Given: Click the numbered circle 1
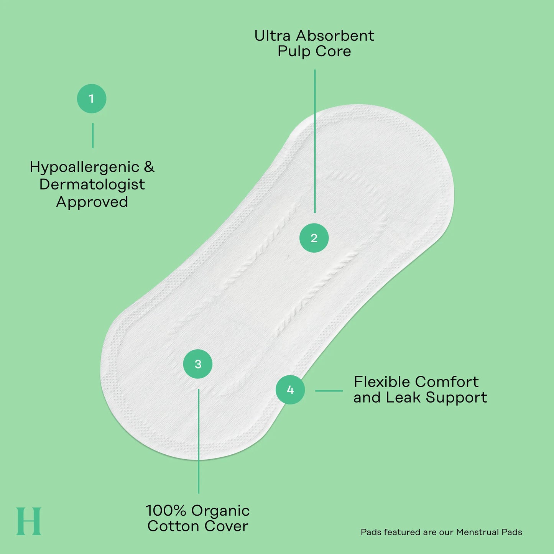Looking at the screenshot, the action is click(91, 99).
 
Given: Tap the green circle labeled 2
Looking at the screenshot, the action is click(314, 238).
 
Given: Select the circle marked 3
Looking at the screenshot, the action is click(198, 364).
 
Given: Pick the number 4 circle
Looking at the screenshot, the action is click(290, 390).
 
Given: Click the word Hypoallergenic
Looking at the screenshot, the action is click(84, 168).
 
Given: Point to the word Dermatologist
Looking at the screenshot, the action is click(92, 185).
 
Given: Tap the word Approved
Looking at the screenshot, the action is click(92, 202).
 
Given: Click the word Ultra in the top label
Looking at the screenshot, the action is click(272, 36).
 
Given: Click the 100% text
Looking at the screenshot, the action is click(166, 511).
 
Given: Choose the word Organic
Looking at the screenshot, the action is click(220, 511).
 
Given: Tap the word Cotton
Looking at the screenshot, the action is click(173, 526).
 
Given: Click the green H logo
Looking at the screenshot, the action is click(29, 521).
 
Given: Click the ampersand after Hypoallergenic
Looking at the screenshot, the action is click(149, 167).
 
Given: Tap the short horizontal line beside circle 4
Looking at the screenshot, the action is click(329, 391).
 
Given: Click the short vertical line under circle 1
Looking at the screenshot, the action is click(92, 136).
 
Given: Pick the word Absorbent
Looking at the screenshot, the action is click(335, 36).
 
